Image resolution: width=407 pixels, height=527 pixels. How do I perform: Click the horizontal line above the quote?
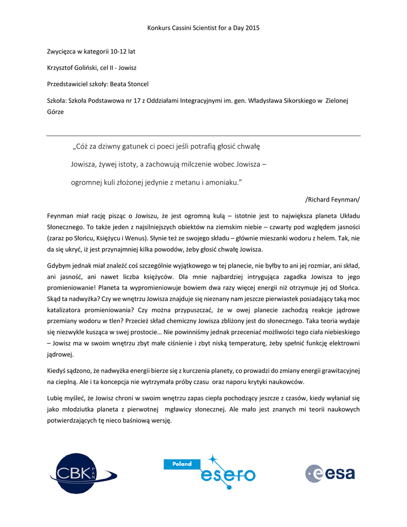203,136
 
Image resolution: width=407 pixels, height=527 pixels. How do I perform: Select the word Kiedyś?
57,371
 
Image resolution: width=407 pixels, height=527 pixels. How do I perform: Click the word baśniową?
136,420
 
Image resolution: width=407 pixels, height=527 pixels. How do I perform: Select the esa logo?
330,473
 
